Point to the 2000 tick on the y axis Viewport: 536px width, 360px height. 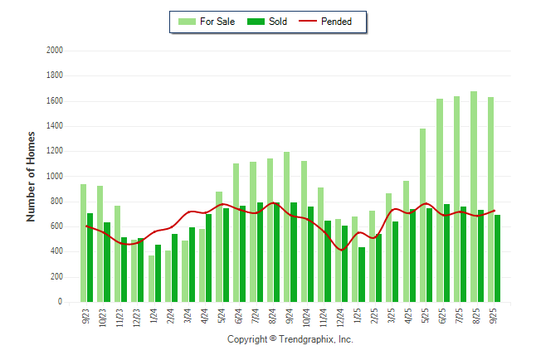(55, 51)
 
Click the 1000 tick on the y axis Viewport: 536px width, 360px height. (55, 177)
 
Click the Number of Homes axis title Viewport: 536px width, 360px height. (31, 176)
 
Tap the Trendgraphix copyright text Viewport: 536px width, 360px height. (290, 340)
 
